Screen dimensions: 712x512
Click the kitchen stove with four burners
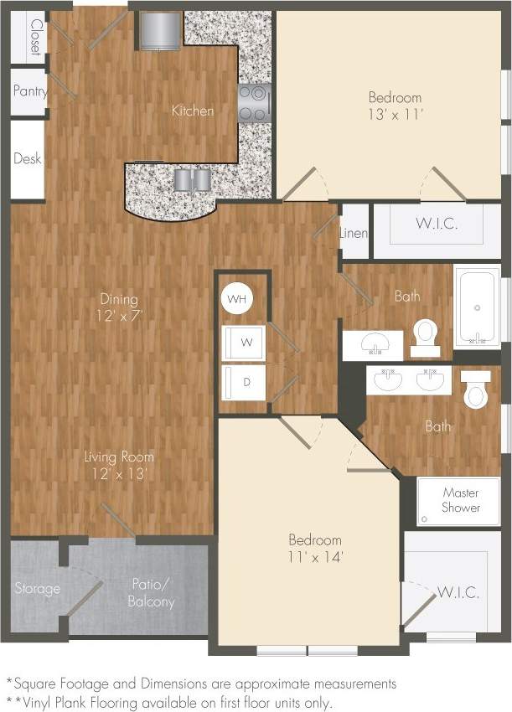pos(255,102)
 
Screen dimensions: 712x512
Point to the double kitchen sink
pos(194,180)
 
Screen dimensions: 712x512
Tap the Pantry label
pos(29,92)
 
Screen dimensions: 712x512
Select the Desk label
pos(28,158)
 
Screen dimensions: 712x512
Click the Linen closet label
pos(354,233)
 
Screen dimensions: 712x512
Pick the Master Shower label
pos(462,500)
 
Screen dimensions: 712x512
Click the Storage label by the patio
pos(38,589)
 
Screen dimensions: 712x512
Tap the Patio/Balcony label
pos(151,593)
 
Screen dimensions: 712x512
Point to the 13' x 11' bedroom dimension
pos(395,114)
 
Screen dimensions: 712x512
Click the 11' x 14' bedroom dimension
pos(316,556)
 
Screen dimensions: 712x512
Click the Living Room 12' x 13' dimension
pos(118,474)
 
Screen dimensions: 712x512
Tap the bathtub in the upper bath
pos(477,306)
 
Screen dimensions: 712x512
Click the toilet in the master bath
pos(477,390)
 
